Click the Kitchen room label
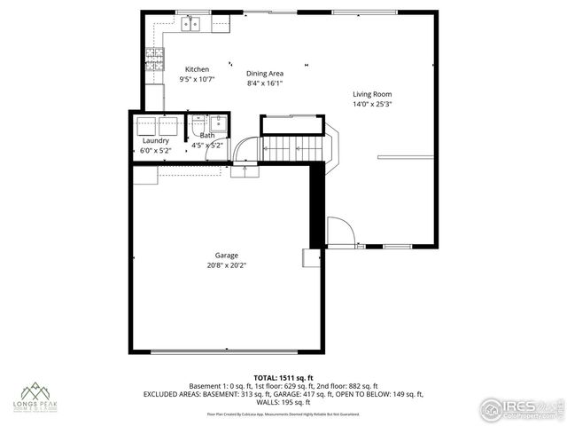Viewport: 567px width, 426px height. tap(197, 69)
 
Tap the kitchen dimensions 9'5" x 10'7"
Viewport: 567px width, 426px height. tap(197, 79)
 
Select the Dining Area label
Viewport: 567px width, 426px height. tap(264, 74)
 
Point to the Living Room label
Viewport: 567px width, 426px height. tap(372, 94)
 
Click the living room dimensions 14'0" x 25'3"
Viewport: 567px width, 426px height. tap(372, 104)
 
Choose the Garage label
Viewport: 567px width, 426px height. tap(226, 255)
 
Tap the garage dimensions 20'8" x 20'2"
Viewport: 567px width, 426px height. tap(226, 264)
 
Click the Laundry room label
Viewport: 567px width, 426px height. tap(156, 140)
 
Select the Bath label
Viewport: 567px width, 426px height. tap(206, 135)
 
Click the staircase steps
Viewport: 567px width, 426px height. tap(292, 145)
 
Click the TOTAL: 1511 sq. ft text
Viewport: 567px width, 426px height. tap(283, 378)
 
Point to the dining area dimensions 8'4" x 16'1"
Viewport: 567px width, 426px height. tap(264, 83)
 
